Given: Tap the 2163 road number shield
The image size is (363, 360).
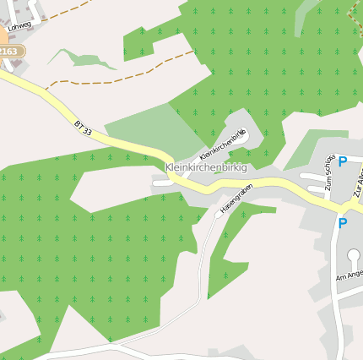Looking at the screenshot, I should coord(8,52).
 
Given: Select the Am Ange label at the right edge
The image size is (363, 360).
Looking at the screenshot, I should coord(349,275).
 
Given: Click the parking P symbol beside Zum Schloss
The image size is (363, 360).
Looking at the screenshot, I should coord(343,161).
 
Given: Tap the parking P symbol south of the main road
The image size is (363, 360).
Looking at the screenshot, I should coord(342,223).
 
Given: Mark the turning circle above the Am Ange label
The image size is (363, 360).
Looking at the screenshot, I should coord(353,256).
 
